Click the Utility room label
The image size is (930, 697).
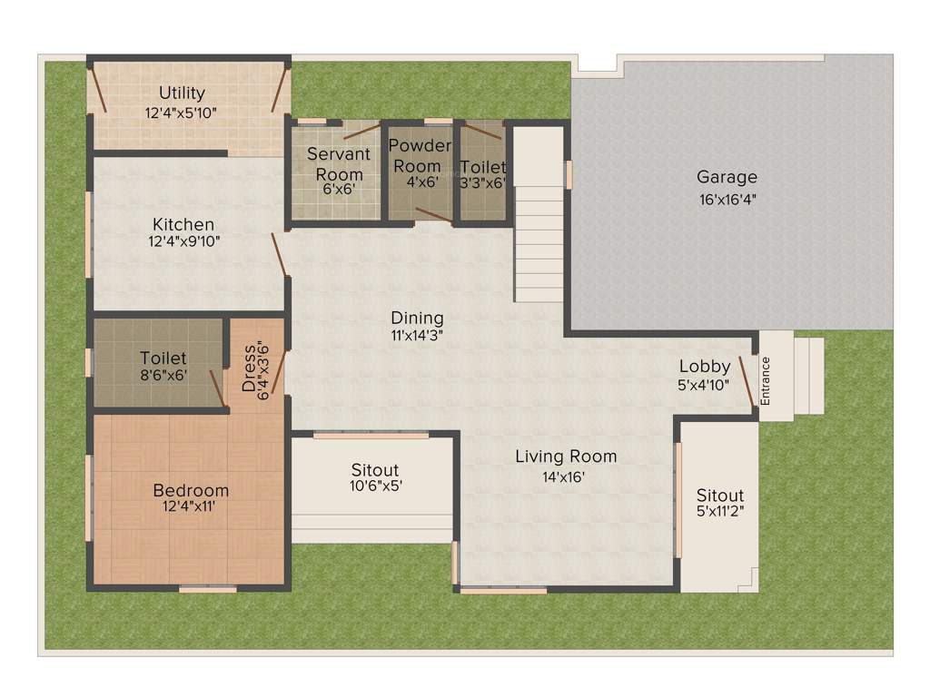[182, 93]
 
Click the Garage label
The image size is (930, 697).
[727, 177]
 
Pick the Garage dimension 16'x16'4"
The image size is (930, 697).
[727, 200]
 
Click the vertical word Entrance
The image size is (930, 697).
[765, 381]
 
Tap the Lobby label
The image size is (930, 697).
[705, 367]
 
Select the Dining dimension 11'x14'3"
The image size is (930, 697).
[417, 335]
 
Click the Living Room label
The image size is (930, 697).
[566, 456]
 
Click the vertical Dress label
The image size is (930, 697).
[250, 367]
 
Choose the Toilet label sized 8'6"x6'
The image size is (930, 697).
[163, 358]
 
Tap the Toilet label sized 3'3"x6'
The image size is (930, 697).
[482, 167]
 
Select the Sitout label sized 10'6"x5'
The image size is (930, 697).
[375, 470]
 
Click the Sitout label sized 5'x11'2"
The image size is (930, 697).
[720, 496]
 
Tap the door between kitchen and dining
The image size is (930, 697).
[281, 255]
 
